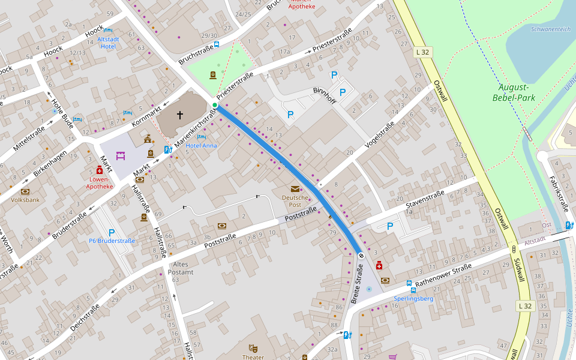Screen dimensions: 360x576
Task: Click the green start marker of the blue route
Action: (215, 105)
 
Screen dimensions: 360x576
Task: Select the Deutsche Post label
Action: (295, 200)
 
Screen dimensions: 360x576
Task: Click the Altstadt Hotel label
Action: (107, 43)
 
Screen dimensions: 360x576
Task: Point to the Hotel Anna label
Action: (202, 146)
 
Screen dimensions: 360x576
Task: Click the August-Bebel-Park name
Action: (513, 92)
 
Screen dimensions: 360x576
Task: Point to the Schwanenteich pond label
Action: (550, 29)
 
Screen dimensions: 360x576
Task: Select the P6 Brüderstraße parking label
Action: (112, 241)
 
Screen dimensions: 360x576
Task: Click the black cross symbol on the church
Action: (179, 114)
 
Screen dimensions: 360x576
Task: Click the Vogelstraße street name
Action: (379, 135)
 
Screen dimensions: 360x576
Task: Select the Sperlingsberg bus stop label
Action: (413, 298)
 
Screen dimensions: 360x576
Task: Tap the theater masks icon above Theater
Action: (253, 348)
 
